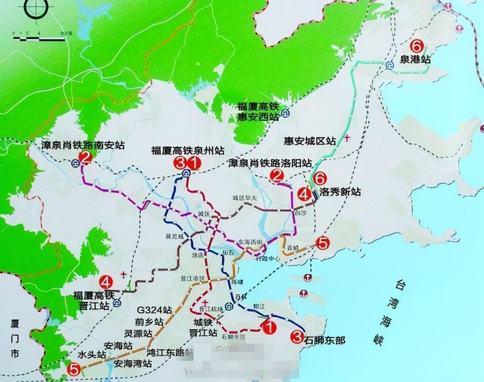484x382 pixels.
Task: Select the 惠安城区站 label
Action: (x=309, y=139)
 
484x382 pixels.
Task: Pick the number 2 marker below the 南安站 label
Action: (x=86, y=158)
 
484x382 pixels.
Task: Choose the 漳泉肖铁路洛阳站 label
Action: (x=270, y=163)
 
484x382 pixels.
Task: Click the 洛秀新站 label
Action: (x=340, y=192)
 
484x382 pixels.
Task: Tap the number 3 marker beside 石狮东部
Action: (x=296, y=337)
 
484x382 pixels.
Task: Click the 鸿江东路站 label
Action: (x=166, y=353)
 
